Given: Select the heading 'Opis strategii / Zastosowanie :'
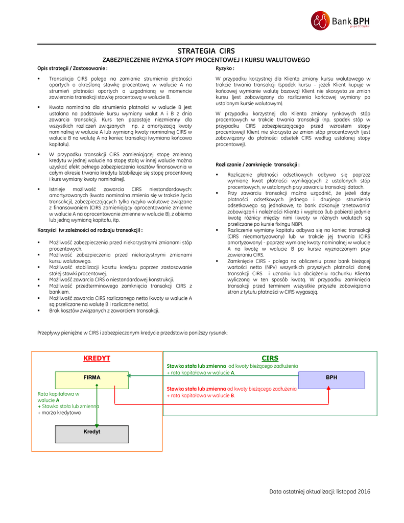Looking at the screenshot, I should click(72, 68).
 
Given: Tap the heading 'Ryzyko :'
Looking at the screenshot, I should click(225, 68).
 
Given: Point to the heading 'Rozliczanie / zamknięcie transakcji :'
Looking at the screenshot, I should click(257, 164).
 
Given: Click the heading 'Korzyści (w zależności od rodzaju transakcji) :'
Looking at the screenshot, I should click(90, 230).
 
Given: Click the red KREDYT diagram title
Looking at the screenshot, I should click(97, 358).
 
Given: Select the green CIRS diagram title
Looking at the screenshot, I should click(270, 358).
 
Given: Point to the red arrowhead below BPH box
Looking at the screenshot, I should click(329, 389).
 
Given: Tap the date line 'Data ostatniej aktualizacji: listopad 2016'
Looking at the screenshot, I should click(320, 491).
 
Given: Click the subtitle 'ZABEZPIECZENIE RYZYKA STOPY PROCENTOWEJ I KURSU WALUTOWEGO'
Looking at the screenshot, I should click(206, 60).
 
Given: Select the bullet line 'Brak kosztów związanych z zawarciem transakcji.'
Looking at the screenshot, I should click(104, 310).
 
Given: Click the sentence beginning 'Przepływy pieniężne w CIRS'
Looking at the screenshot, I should click(132, 332).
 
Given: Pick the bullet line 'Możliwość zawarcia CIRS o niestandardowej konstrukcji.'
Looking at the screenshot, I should click(111, 279).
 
